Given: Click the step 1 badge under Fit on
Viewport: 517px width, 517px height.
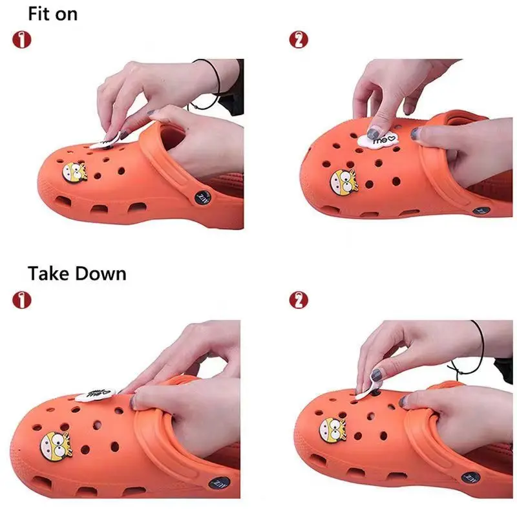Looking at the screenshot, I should tap(22, 39).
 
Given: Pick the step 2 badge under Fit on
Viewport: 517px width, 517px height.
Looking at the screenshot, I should tap(298, 39).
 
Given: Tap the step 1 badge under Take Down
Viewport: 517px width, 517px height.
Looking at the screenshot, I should tap(22, 299).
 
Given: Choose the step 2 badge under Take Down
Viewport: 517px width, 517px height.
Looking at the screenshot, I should tap(298, 299).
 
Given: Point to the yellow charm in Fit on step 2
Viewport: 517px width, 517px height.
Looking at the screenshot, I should tap(343, 180).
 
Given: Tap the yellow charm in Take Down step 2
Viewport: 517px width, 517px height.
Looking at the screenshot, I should tap(332, 430).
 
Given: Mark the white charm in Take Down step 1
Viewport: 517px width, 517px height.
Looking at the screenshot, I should tap(92, 394).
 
